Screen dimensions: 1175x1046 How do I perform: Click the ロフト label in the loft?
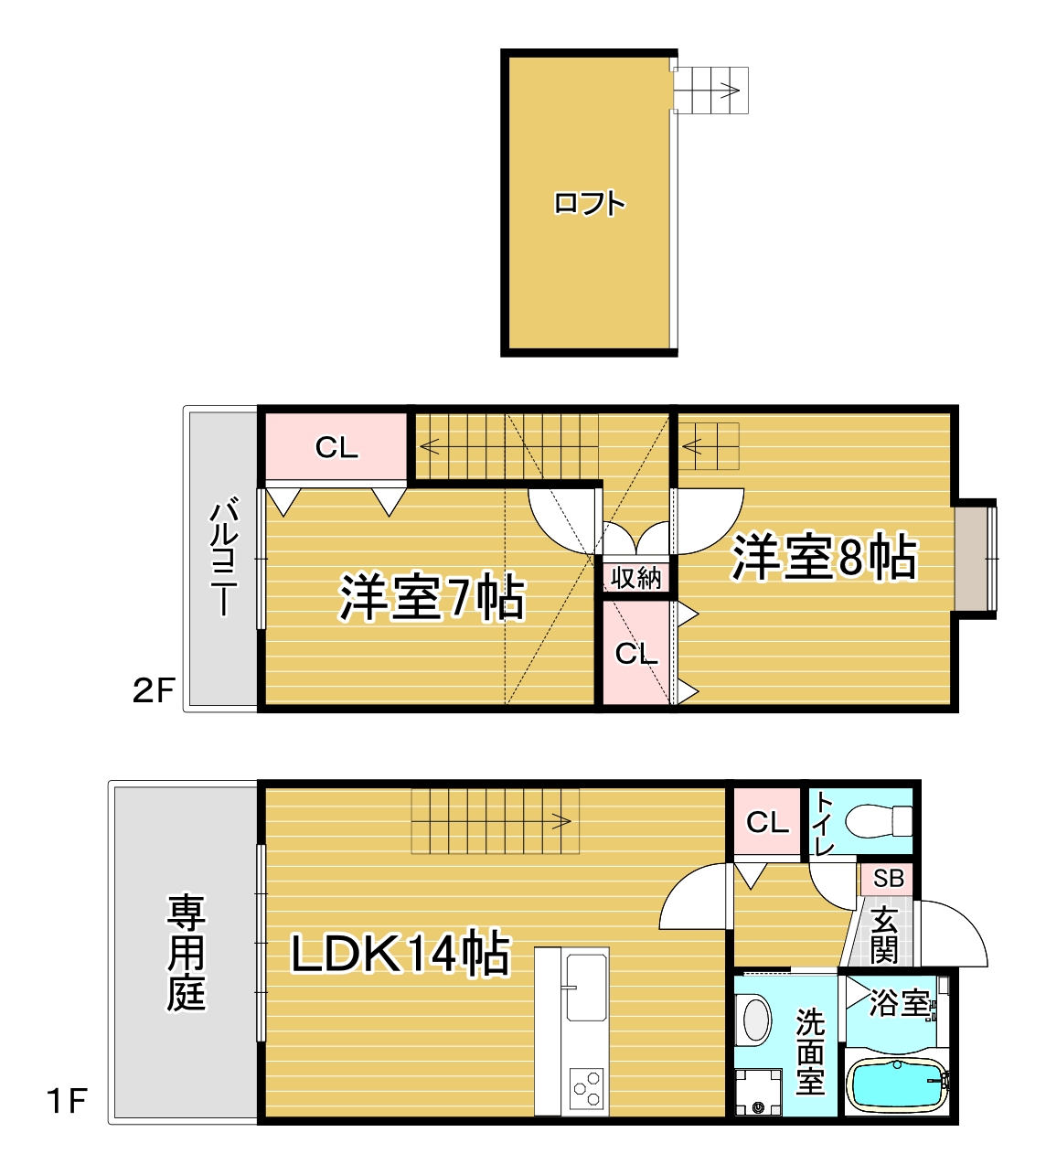click(x=590, y=203)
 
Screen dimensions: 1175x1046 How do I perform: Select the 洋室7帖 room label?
click(x=432, y=597)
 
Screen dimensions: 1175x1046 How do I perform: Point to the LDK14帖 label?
click(x=400, y=954)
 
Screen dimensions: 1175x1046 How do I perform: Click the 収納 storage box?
click(x=636, y=578)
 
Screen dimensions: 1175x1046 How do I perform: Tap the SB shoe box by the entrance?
click(x=888, y=879)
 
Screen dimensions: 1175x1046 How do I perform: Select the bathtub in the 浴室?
click(x=896, y=1084)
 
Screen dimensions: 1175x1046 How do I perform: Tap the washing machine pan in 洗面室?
click(x=759, y=1093)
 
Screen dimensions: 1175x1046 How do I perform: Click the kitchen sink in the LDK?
click(x=586, y=988)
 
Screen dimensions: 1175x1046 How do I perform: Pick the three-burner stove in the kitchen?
click(x=586, y=1089)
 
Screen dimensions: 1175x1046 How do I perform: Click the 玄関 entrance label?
click(x=883, y=936)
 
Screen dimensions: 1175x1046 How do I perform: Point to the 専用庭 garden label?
click(x=186, y=953)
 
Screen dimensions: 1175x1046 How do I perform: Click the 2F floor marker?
click(x=153, y=690)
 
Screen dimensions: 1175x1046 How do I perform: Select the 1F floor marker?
click(x=67, y=1101)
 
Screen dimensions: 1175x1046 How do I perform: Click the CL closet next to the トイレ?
click(x=767, y=822)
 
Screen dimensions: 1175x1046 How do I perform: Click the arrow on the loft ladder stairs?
click(x=730, y=90)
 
